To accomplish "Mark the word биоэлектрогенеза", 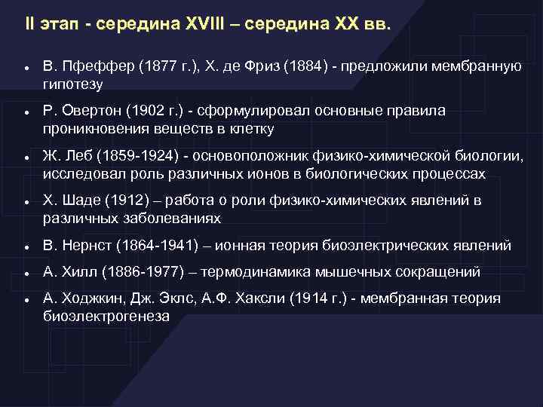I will click(x=106, y=317).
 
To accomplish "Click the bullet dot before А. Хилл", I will click(x=26, y=274).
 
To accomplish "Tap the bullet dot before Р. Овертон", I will click(x=26, y=112).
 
